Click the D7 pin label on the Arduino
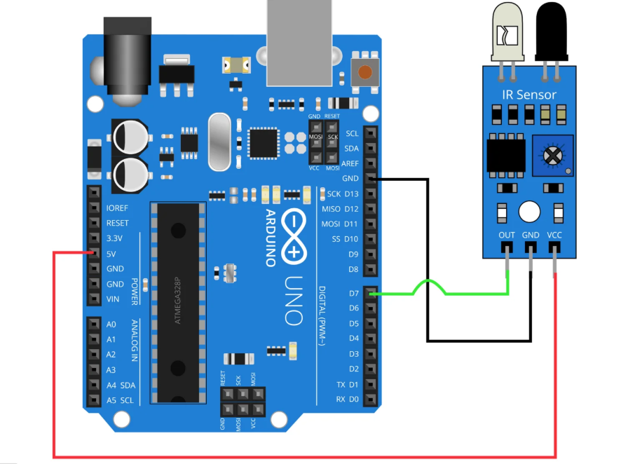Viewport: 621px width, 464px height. click(354, 292)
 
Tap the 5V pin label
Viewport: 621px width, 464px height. click(111, 253)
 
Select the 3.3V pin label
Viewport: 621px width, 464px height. click(114, 238)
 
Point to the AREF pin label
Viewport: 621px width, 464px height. click(350, 163)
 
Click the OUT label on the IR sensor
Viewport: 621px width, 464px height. click(506, 236)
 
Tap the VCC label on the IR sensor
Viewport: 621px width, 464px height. click(554, 236)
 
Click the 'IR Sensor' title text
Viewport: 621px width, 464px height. click(529, 95)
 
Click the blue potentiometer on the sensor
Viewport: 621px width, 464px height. click(553, 154)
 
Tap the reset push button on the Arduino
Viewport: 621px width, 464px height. click(364, 71)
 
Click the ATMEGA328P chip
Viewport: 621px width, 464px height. click(178, 301)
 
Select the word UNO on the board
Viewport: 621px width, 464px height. click(294, 301)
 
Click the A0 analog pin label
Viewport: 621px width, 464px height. click(111, 324)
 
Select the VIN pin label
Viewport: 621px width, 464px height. click(112, 299)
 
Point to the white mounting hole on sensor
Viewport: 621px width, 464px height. click(529, 211)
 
